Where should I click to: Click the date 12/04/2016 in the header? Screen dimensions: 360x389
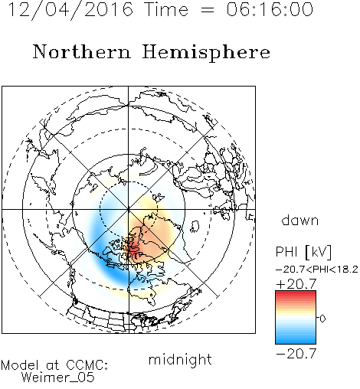(x=70, y=10)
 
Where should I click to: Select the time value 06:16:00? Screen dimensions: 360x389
(x=270, y=9)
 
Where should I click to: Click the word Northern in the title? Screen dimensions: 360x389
(x=82, y=52)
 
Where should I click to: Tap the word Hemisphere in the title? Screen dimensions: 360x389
(x=206, y=53)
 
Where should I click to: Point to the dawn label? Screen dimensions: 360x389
(x=299, y=220)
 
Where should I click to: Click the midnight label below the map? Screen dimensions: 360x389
(x=180, y=359)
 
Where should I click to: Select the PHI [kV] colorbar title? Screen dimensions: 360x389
(x=303, y=252)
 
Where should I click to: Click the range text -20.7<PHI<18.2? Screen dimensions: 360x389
(x=317, y=270)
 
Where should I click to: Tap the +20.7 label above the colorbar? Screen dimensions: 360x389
(x=296, y=284)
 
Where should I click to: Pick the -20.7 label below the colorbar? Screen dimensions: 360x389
(x=296, y=354)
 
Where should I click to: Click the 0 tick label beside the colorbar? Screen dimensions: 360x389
(x=322, y=319)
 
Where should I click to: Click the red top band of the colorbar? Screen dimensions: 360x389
(x=296, y=294)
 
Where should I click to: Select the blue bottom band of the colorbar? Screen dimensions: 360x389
(x=296, y=340)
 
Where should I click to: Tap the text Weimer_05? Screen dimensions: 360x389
(x=57, y=378)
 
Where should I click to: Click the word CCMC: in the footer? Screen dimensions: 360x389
(x=87, y=365)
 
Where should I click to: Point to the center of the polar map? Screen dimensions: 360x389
(x=129, y=209)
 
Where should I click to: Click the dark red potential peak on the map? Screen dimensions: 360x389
(x=133, y=247)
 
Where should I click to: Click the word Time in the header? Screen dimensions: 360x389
(x=166, y=9)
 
